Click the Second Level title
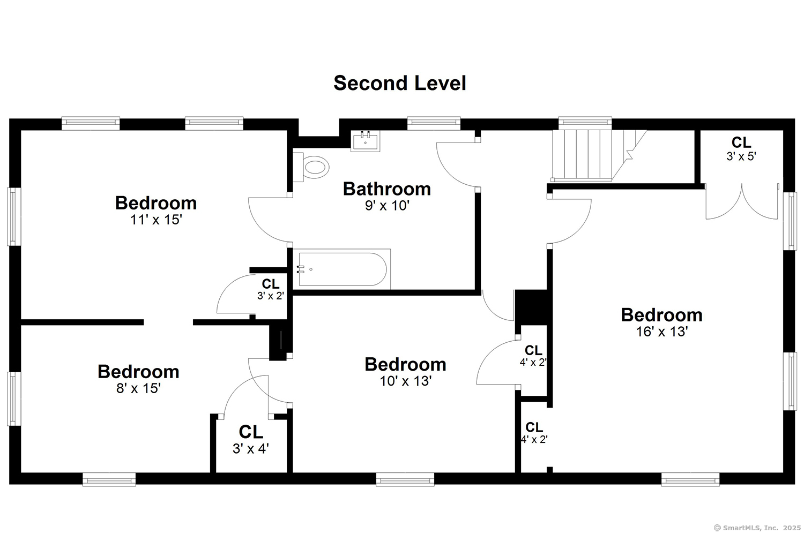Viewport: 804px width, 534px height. point(400,83)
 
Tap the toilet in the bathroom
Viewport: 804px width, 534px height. point(311,167)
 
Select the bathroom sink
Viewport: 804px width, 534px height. point(365,141)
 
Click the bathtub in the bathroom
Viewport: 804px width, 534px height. point(342,269)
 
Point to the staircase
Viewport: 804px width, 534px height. point(599,155)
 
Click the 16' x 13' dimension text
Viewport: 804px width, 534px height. point(662,332)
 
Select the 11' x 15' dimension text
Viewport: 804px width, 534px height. point(156,220)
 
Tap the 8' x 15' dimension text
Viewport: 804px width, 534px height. point(138,388)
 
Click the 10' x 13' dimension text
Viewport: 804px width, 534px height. point(406,381)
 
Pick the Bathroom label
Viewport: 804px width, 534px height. point(387,189)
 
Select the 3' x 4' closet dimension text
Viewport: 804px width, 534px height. point(250,448)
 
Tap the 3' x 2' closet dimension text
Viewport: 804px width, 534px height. point(271,296)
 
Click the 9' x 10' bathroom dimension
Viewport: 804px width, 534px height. point(388,206)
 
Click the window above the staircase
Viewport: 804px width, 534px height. point(585,123)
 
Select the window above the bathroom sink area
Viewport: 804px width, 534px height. point(434,123)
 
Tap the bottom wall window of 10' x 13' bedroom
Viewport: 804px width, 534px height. point(405,479)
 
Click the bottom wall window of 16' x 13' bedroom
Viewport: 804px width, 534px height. point(690,479)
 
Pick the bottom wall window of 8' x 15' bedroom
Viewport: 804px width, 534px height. point(109,479)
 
